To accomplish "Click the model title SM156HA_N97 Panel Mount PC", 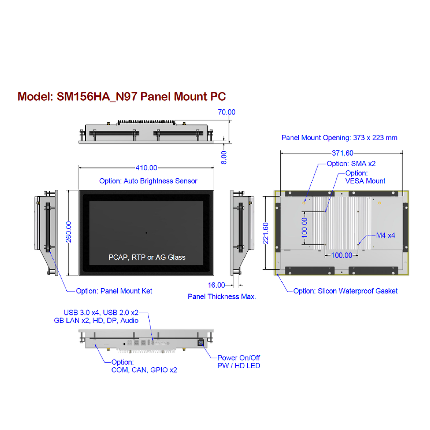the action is pos(121,96).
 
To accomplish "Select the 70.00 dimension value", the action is pos(226,112).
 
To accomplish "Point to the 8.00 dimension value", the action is pos(224,157).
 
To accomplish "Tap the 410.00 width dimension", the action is pos(146,168).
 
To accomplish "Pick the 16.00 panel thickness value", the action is pos(217,285).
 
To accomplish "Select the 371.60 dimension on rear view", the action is pos(342,153).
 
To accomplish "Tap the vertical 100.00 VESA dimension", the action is pos(305,227).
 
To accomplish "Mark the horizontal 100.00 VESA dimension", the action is pos(341,255).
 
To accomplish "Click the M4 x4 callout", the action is pos(386,235).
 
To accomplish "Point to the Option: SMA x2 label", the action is pos(351,164).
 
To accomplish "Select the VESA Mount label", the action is pos(365,181).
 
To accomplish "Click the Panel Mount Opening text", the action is pos(339,138).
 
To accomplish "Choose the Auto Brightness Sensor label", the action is pos(148,181).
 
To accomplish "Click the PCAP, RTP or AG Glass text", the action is pos(147,257).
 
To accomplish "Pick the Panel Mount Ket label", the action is pos(114,291).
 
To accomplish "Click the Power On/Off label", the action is pos(239,358).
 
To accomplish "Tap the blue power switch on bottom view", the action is pos(201,343).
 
